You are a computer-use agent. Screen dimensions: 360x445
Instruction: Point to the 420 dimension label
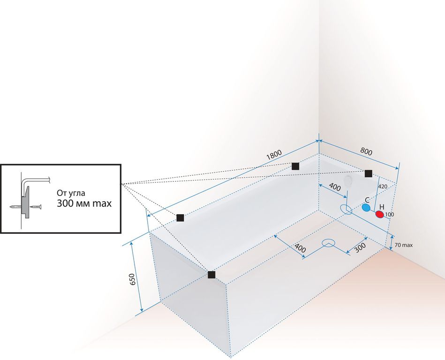pos(382,186)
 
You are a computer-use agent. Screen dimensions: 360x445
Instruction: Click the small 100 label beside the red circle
pos(389,214)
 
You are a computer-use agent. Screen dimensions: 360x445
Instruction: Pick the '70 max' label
pos(404,245)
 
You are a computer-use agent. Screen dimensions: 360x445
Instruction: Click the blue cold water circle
pos(366,207)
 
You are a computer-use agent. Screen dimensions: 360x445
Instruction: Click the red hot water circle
pos(380,215)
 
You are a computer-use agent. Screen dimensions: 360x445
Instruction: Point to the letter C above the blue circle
pos(367,199)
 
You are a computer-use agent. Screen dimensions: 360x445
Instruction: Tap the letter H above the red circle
pos(382,207)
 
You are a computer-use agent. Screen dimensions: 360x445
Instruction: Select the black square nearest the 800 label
pos(369,173)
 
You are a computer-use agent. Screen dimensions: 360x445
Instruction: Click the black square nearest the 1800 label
pos(295,166)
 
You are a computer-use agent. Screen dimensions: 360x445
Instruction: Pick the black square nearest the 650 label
pos(211,275)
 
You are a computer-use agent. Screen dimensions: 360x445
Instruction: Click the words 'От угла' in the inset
pos(71,193)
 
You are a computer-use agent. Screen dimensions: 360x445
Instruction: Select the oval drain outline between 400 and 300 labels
pos(329,243)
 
